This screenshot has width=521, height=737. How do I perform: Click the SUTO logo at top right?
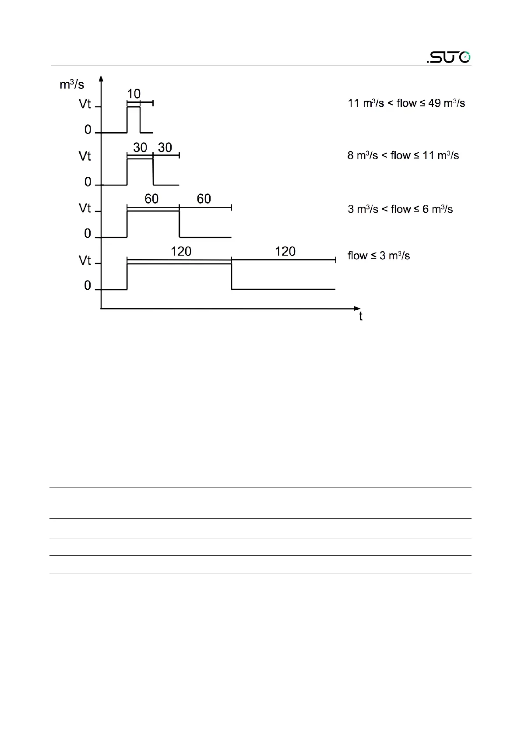449,57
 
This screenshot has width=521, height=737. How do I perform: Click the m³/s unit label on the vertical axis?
72,84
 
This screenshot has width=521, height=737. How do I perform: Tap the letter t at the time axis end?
361,316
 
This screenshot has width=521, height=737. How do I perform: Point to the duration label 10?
134,94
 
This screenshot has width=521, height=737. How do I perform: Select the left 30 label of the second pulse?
140,148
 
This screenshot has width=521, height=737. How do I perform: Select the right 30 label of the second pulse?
165,148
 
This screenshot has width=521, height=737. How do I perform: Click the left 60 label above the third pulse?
151,199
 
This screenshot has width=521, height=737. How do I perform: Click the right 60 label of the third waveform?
204,199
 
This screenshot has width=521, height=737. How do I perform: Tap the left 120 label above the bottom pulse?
181,252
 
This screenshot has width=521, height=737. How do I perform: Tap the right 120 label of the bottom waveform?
285,252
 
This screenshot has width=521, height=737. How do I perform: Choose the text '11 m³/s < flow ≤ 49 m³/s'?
406,103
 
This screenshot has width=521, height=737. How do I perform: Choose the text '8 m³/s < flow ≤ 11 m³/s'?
403,155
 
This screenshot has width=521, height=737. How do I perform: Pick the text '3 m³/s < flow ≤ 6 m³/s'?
400,209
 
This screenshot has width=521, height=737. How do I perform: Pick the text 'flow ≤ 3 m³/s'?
379,256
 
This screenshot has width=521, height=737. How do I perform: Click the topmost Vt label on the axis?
85,104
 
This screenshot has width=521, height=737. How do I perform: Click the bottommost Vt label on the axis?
85,261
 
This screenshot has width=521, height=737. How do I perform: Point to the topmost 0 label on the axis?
88,130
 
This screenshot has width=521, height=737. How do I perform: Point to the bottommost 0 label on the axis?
88,286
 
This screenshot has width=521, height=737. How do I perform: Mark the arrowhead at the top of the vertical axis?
101,79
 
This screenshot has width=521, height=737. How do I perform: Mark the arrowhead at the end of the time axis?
358,309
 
